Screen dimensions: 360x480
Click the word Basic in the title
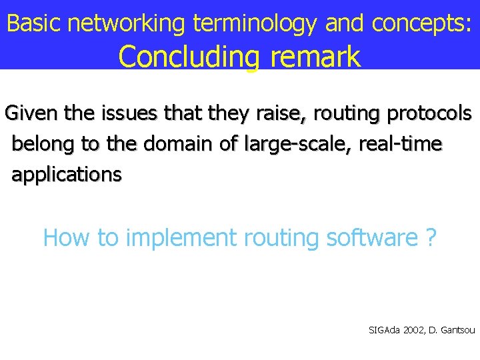coord(33,23)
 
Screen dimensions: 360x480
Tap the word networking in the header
coord(126,23)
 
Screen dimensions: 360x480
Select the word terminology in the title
coord(255,25)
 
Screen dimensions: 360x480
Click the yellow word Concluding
coord(189,57)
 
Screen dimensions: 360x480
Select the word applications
coord(67,175)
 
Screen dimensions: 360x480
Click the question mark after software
coord(431,237)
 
